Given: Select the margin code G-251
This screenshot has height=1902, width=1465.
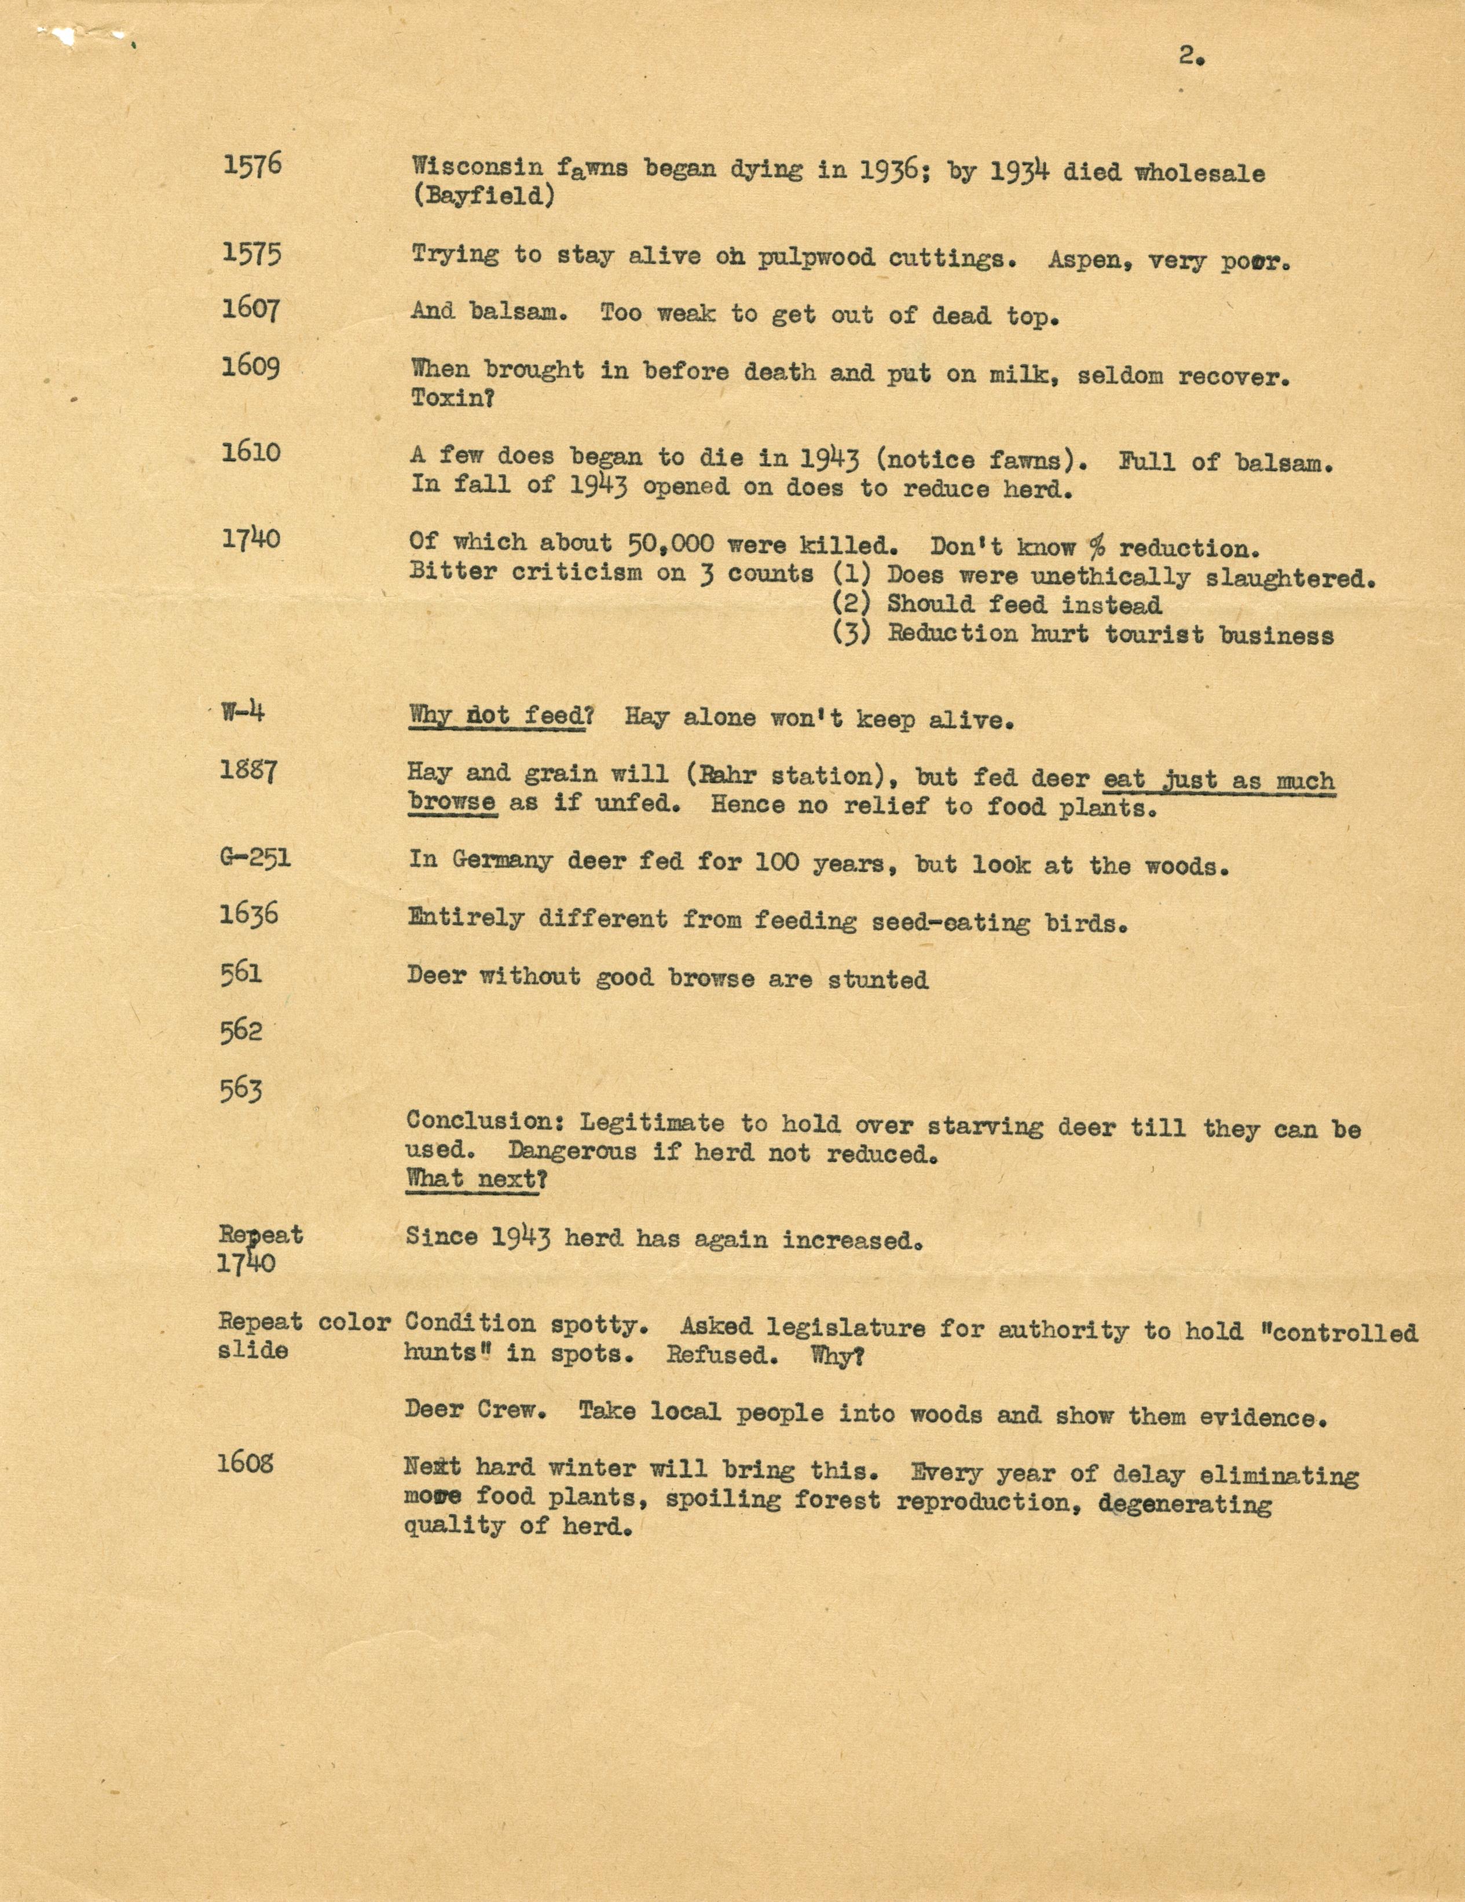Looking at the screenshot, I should (255, 858).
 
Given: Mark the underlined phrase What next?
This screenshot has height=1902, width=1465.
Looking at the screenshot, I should (477, 1180).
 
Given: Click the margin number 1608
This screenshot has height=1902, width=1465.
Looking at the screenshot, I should (246, 1463).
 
